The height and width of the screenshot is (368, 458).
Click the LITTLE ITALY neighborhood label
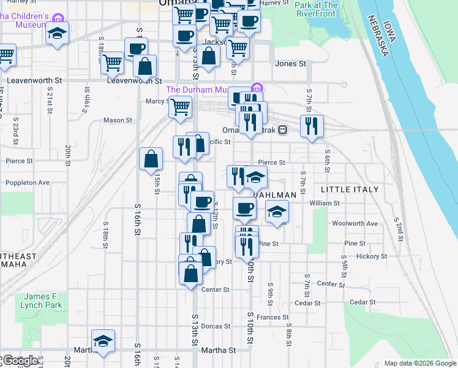coord(350,190)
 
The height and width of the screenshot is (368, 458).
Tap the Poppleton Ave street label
coord(26,183)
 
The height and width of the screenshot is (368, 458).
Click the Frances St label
coord(272,317)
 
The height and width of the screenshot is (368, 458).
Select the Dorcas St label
coord(215,326)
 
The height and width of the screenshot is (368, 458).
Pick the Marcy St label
coord(158,102)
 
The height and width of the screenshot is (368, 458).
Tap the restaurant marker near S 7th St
coord(312,126)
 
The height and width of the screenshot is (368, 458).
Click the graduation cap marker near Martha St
coord(103,341)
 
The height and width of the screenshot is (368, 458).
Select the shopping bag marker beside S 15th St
coord(151,159)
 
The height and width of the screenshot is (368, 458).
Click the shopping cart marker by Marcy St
coord(180,107)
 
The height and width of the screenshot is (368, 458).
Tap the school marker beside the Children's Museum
coord(57,33)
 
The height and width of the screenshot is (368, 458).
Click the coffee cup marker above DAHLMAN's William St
coord(244,209)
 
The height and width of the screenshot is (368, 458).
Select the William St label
coord(325,203)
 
